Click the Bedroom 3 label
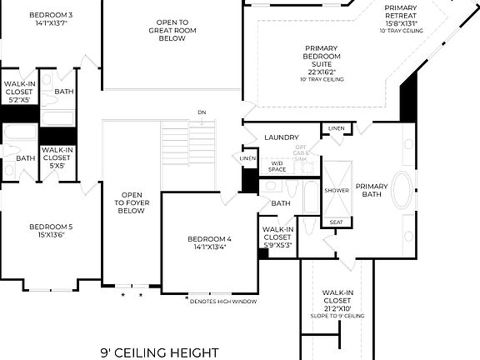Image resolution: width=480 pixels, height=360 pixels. [51, 15]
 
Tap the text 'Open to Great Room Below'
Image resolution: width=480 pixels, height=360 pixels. [172, 31]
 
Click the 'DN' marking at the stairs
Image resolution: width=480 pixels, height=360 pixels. [202, 112]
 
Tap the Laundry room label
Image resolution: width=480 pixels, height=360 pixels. [282, 137]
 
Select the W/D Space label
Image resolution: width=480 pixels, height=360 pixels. [277, 167]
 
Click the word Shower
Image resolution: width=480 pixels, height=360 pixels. [337, 190]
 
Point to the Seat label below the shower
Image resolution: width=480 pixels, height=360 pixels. [336, 222]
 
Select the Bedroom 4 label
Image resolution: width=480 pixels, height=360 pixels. [212, 240]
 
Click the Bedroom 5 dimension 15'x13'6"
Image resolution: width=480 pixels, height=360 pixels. [51, 235]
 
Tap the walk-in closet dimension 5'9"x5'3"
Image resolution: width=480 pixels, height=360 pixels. [277, 245]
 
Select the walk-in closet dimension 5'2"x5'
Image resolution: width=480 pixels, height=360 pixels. [18, 99]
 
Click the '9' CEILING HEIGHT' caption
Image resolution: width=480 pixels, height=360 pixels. [159, 352]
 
